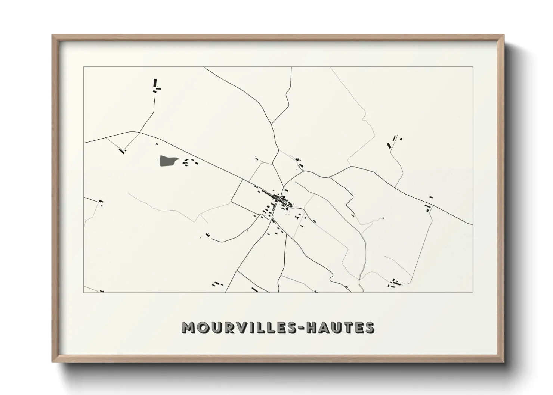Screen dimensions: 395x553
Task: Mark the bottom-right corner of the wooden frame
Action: tap(504, 362)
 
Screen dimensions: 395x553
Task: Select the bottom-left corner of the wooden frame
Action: tap(53, 362)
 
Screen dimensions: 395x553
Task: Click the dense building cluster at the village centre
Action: tap(278, 200)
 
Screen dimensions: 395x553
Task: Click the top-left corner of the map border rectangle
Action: tap(83, 67)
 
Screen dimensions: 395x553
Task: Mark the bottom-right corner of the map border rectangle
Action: tap(473, 293)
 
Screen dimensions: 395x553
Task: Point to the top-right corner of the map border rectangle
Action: tap(473, 67)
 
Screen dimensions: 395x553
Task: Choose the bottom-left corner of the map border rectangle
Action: tap(83, 293)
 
